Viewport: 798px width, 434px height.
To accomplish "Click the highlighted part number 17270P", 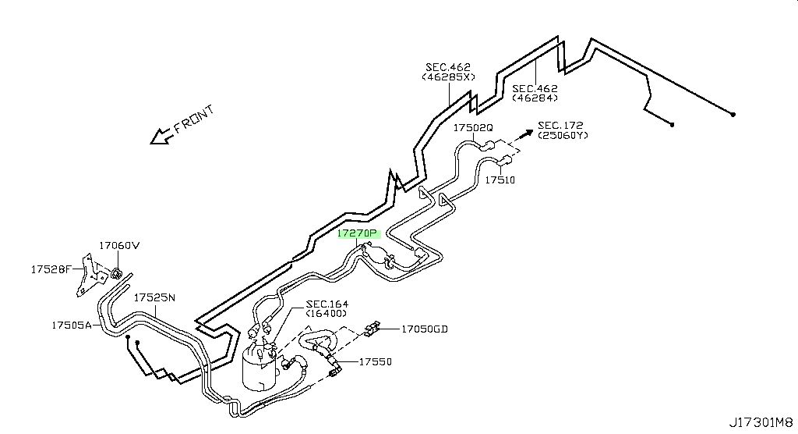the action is click(358, 234).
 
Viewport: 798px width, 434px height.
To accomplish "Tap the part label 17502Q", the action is click(473, 127).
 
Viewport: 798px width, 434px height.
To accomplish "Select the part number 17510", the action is click(500, 180).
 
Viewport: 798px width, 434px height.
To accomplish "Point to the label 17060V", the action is click(119, 245).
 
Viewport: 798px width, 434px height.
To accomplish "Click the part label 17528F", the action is click(51, 269).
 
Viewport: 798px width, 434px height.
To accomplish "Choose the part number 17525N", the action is click(154, 297).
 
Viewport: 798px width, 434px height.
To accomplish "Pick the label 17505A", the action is click(71, 325).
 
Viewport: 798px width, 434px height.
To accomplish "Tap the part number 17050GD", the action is click(425, 329).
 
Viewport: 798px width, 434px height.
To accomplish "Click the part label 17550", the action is click(375, 362).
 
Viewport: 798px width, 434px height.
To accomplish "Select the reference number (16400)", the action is click(327, 314).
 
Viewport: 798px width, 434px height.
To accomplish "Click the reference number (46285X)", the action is click(448, 77).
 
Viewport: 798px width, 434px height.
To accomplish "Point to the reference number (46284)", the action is click(535, 98).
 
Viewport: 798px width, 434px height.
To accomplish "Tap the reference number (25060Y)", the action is click(563, 136).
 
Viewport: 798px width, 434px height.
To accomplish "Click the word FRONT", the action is click(194, 120).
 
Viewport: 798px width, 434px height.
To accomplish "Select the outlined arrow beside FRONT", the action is click(160, 136).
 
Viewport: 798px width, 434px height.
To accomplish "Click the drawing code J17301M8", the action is click(761, 423).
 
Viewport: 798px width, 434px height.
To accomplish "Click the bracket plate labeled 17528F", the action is click(86, 275).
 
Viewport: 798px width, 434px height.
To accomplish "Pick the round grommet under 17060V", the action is click(116, 274).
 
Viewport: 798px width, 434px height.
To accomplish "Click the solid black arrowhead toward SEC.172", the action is click(528, 133).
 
